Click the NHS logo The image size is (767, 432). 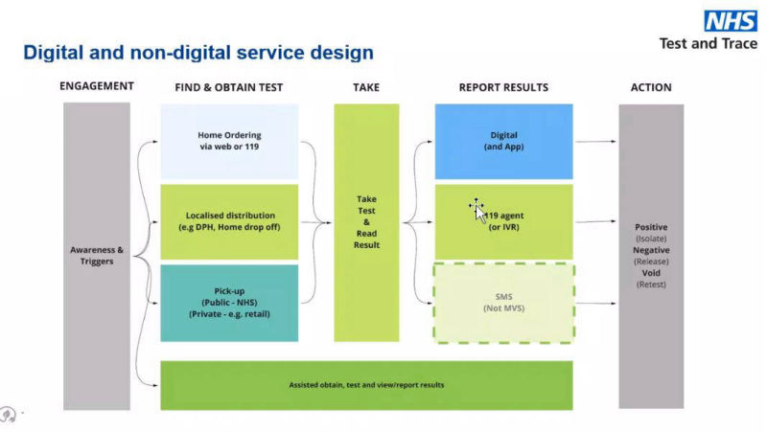coord(731,21)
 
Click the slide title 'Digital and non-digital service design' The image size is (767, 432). coord(198,52)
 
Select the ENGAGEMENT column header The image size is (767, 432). coord(97,87)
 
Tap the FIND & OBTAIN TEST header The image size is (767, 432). coord(229,87)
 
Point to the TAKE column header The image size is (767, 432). coord(366,87)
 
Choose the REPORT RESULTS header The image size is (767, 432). coord(503,87)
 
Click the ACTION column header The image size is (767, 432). coord(651,87)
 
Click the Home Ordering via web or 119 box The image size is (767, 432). coord(229,141)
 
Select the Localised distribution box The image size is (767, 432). coord(229,221)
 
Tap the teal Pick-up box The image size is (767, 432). coord(229,303)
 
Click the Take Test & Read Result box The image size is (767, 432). coord(366,222)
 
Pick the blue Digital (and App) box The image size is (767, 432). coord(503,141)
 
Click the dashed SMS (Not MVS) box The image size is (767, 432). coord(503,302)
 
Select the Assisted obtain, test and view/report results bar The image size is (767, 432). coord(366,385)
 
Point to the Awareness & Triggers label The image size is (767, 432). coord(97,256)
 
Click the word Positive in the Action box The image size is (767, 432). coord(651,227)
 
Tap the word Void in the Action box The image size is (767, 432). coord(651,273)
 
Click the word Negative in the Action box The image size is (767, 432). coord(651,250)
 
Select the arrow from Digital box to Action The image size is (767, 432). coord(595,142)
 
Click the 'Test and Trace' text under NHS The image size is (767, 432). coord(708,43)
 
